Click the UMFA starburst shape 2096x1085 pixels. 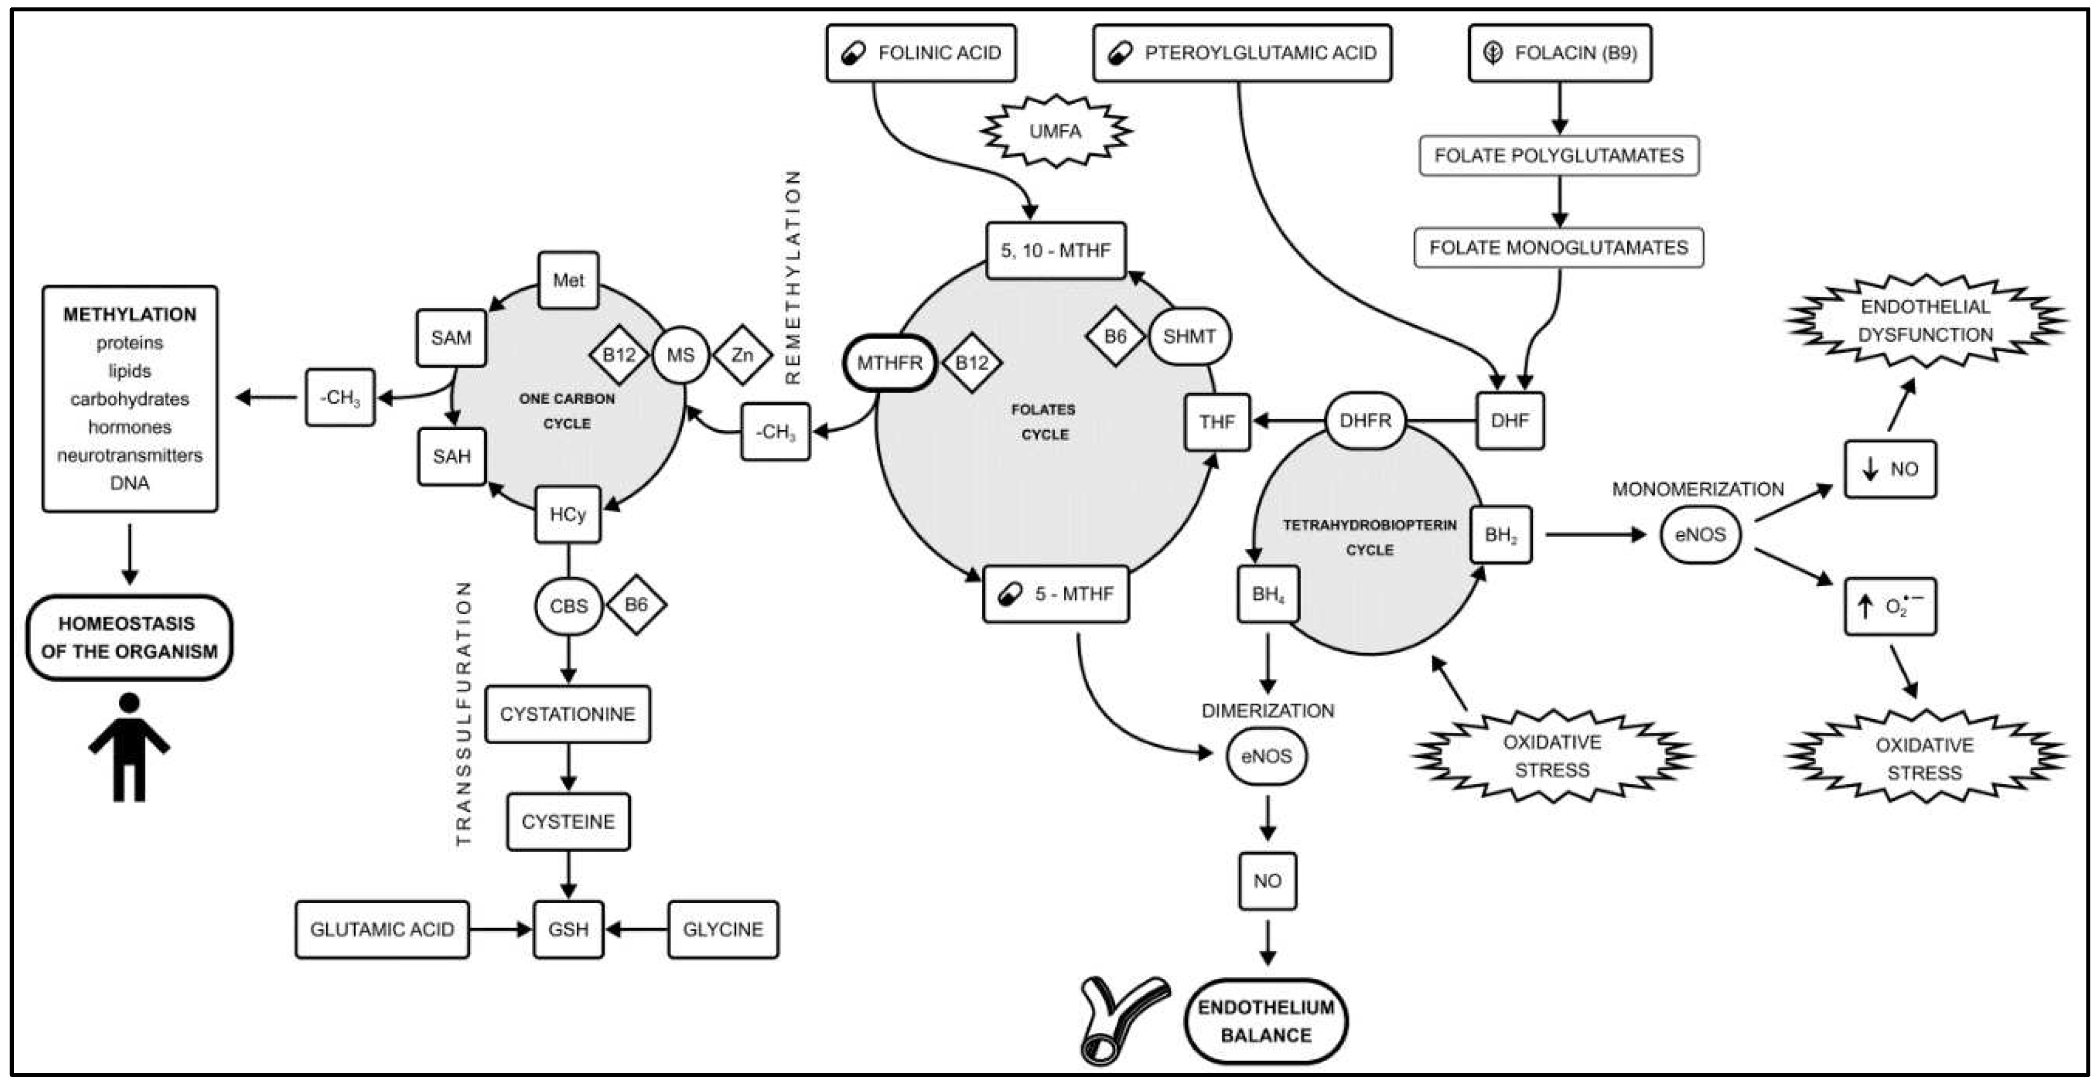[x=1055, y=131]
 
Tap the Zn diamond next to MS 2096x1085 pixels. [x=742, y=354]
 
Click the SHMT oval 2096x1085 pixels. [x=1189, y=336]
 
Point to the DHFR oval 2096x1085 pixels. [x=1365, y=420]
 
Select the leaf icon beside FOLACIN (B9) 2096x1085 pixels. [x=1492, y=53]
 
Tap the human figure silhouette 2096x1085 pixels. [x=130, y=746]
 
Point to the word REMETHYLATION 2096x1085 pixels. [x=792, y=277]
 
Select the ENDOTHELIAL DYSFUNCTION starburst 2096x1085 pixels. [x=1924, y=322]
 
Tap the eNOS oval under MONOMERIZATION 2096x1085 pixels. [x=1700, y=535]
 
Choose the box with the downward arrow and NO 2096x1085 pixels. [x=1889, y=469]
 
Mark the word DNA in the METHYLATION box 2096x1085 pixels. [x=130, y=483]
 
